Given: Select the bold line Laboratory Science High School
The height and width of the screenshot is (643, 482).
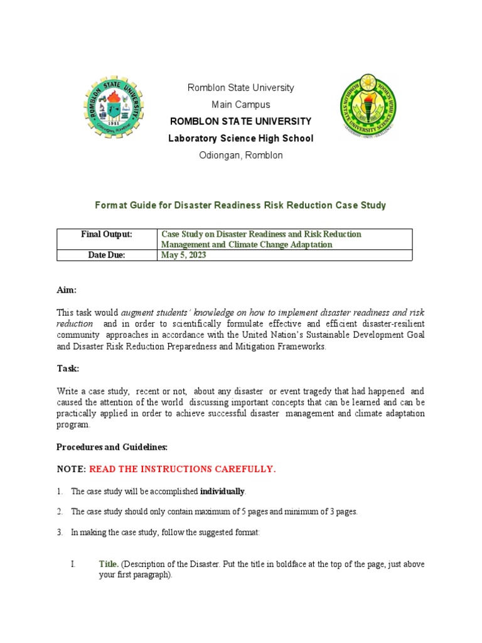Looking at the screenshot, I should coord(240,138).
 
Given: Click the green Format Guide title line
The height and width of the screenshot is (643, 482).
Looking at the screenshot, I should coord(240,205).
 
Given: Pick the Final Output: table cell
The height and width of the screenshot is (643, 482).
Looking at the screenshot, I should coord(107,234).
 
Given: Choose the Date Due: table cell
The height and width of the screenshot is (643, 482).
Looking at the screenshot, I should coord(107,255).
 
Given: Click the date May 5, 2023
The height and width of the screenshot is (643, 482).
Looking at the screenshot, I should coord(183,255).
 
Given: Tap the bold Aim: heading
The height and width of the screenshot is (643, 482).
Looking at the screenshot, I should coord(67,290).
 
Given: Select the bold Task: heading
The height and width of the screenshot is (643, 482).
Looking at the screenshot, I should coord(68,369).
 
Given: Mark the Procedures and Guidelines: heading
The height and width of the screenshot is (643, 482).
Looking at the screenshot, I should coord(112,447).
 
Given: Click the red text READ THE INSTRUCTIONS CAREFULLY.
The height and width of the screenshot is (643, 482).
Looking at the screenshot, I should coord(182,469).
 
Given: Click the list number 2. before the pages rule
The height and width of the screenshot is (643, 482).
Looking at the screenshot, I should coord(60,512).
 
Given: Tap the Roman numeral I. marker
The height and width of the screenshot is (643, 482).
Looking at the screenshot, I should coord(73,565).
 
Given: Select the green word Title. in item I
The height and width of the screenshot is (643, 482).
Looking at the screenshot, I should coord(109,565).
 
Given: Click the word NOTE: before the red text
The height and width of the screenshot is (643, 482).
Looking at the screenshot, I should coord(71,469).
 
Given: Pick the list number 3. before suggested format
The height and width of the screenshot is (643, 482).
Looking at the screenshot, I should coord(60,532).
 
